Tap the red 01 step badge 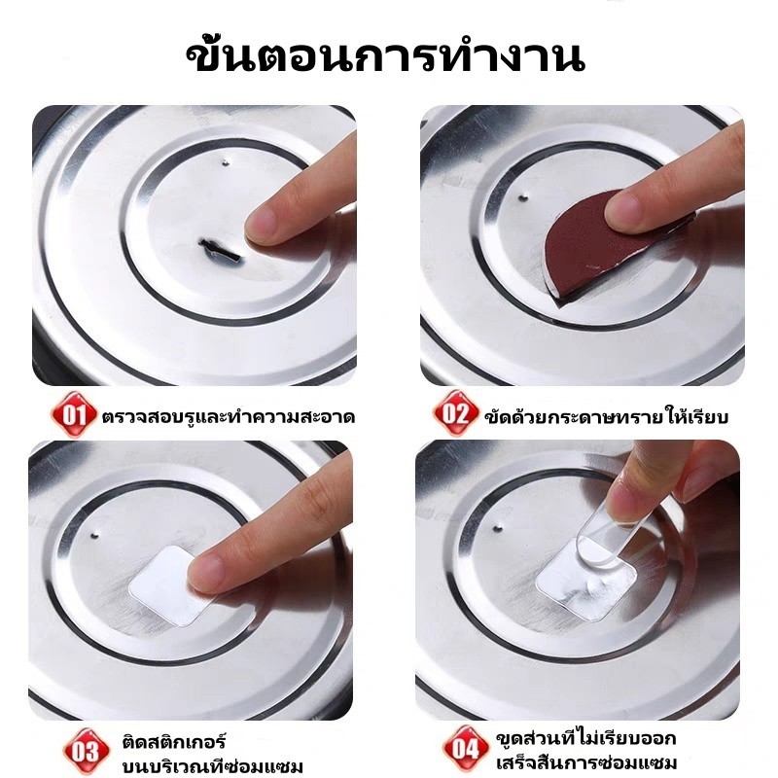click(x=74, y=414)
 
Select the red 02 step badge click(x=455, y=413)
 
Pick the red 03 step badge click(x=86, y=751)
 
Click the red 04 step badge click(x=465, y=748)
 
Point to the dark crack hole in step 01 click(x=221, y=251)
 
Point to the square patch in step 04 click(x=585, y=581)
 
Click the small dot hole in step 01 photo click(x=226, y=161)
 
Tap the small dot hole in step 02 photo click(x=522, y=197)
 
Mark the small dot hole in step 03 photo click(x=95, y=536)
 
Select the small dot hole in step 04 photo click(x=498, y=528)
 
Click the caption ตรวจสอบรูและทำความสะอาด click(x=229, y=416)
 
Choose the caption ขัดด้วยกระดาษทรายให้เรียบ click(x=606, y=416)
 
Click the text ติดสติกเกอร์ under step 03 click(x=174, y=742)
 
